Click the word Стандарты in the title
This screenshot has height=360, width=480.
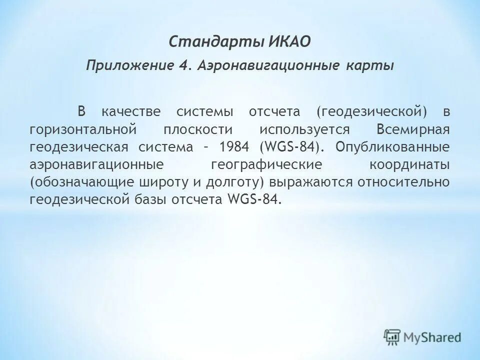pyautogui.click(x=211, y=41)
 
